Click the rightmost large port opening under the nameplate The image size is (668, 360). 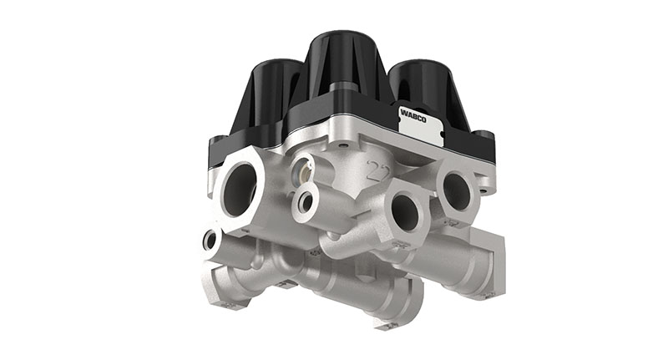pyautogui.click(x=456, y=190)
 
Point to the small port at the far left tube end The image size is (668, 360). pyautogui.click(x=210, y=241)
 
